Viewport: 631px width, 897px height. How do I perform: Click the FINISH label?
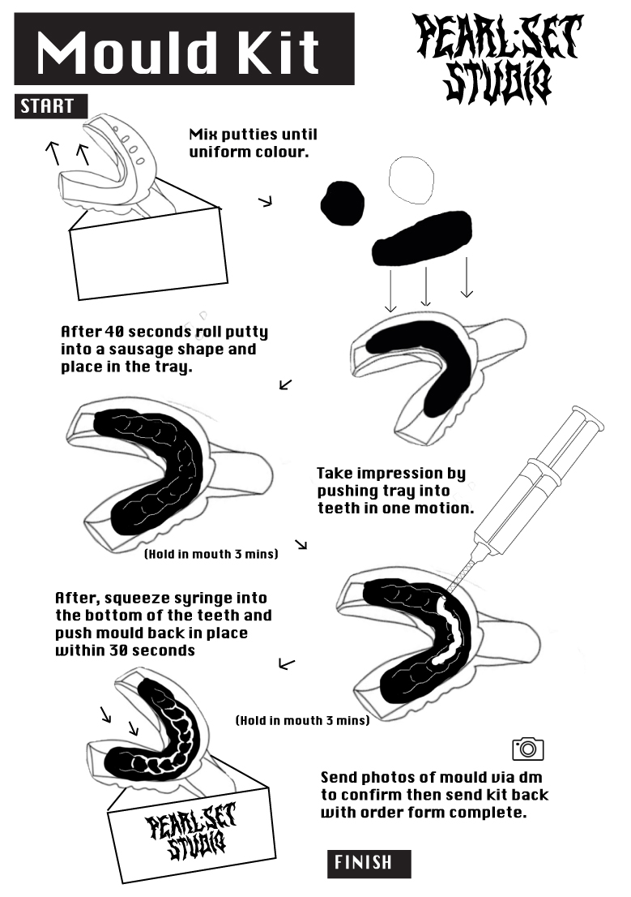pos(369,863)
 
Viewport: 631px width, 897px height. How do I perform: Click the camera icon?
pos(527,749)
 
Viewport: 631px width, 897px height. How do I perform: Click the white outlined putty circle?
pos(416,180)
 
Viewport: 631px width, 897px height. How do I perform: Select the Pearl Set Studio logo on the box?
pos(191,835)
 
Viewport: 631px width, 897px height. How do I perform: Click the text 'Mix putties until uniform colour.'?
pos(253,143)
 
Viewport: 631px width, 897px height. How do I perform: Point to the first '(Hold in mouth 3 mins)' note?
pos(211,555)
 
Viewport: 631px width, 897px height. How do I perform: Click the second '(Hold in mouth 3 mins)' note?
pos(302,720)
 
